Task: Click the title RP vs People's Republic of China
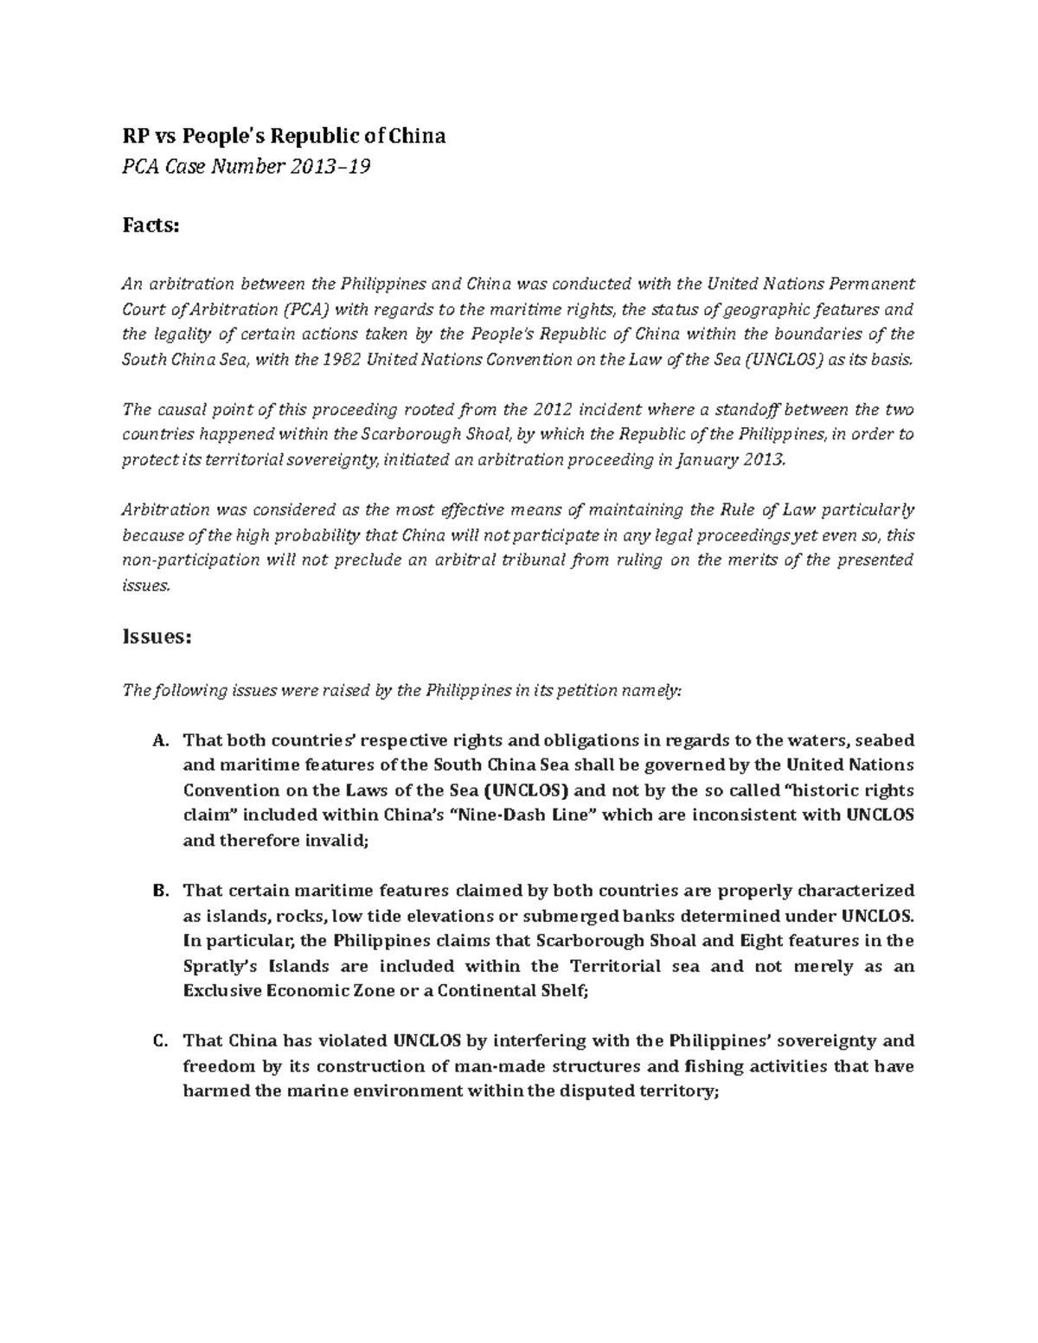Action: (283, 136)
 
